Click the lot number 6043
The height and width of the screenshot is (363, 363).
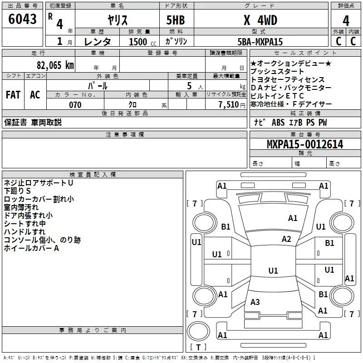(x=23, y=20)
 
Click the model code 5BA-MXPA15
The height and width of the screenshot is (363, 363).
(x=260, y=42)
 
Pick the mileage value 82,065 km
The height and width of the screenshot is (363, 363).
(x=53, y=65)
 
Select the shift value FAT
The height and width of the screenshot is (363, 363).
(x=13, y=95)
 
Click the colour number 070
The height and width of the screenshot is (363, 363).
(x=75, y=105)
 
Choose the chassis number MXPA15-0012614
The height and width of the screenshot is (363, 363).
(x=304, y=144)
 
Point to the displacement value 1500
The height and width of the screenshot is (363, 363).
(x=138, y=42)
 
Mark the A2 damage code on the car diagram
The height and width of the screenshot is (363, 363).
(x=286, y=239)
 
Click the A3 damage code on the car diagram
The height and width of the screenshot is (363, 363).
(x=255, y=302)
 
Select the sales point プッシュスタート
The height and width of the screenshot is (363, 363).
(x=277, y=72)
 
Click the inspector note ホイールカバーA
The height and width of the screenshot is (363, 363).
(x=32, y=248)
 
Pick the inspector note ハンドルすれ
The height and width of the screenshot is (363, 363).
(x=25, y=232)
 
